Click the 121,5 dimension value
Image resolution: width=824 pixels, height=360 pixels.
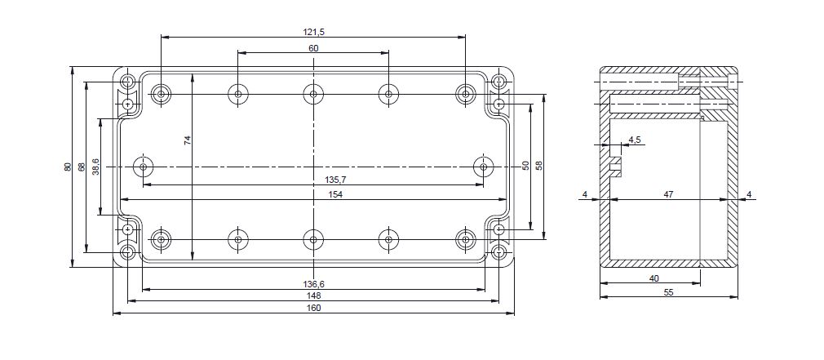click(x=314, y=32)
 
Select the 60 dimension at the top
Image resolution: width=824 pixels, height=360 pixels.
click(x=313, y=48)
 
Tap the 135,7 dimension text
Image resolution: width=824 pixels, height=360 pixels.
click(x=335, y=180)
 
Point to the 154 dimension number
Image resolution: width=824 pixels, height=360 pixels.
click(x=335, y=194)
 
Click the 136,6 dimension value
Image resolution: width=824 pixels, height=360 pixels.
click(x=314, y=284)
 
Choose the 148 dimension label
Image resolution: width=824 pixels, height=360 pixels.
click(x=313, y=296)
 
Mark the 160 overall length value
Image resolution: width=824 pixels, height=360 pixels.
click(x=313, y=308)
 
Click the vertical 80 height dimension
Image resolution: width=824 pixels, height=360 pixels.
click(x=68, y=167)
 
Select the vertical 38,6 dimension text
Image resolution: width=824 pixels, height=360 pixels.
click(x=95, y=167)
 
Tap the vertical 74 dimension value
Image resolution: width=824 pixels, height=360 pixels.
click(x=188, y=140)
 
